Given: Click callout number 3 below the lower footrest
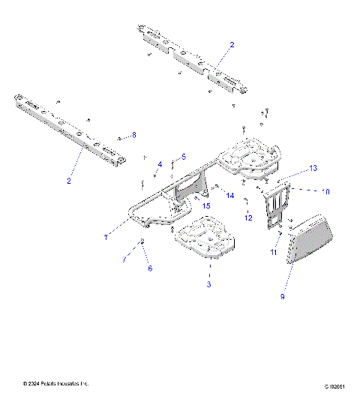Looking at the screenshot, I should [x=208, y=285].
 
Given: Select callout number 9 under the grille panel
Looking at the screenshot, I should [x=282, y=296].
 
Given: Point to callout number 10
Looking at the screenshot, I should [x=325, y=192].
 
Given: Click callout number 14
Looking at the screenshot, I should [x=230, y=195].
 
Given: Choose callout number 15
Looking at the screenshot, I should [x=205, y=205].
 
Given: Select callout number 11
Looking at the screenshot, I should [x=273, y=253].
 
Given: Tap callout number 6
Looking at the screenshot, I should [x=148, y=268].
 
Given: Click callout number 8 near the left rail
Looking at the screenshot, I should [x=134, y=135].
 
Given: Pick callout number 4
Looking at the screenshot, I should [x=159, y=163].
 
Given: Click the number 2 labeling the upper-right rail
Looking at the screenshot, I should [x=232, y=45].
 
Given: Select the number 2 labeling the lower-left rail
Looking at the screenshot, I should [x=69, y=181].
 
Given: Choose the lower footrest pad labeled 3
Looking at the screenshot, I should [x=206, y=238].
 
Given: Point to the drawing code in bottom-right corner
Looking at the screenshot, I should [x=334, y=385].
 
